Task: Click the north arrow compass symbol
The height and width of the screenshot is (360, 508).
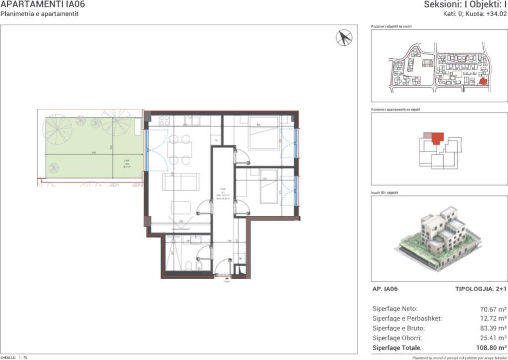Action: tap(344, 37)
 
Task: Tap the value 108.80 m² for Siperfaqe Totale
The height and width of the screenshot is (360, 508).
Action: tap(489, 348)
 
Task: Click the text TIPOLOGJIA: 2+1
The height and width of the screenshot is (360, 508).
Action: tap(480, 288)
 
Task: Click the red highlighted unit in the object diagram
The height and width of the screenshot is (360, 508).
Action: tap(437, 138)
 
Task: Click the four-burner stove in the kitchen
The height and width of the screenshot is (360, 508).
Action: tap(164, 121)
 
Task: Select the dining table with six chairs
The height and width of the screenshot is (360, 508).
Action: tap(179, 149)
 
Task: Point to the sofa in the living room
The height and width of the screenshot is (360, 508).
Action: tap(181, 182)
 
